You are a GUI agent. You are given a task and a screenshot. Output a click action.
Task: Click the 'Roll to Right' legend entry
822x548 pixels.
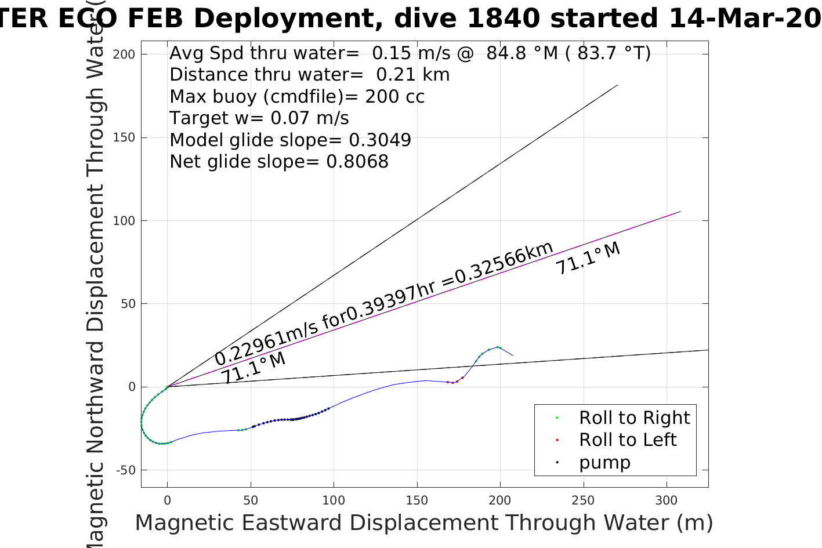634,418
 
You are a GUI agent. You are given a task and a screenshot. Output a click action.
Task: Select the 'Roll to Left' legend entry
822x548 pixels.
627,440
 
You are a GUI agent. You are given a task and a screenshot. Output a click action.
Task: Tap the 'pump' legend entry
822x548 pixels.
604,463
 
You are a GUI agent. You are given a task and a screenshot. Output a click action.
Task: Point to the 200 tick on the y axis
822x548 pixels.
124,55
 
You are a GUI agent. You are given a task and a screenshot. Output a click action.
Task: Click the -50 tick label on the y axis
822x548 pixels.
125,470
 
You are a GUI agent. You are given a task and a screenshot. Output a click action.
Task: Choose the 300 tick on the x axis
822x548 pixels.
666,500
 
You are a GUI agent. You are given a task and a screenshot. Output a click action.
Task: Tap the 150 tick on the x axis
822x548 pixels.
417,500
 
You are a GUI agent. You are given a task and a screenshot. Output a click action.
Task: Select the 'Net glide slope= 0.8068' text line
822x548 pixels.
279,162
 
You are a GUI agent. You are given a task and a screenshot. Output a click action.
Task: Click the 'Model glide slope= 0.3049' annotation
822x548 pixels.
290,140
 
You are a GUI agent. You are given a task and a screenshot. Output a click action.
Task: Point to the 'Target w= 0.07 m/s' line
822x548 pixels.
259,118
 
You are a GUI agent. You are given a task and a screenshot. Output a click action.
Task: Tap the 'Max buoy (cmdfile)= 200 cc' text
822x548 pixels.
297,97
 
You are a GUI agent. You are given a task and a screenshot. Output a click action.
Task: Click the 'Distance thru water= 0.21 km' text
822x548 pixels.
309,75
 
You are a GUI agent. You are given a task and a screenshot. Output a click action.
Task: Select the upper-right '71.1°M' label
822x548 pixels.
588,259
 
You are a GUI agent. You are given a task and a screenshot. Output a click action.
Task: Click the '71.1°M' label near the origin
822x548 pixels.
254,368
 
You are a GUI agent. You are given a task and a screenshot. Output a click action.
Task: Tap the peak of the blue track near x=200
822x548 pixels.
498,347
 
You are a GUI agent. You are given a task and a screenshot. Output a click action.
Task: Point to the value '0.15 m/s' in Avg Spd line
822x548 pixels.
411,53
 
